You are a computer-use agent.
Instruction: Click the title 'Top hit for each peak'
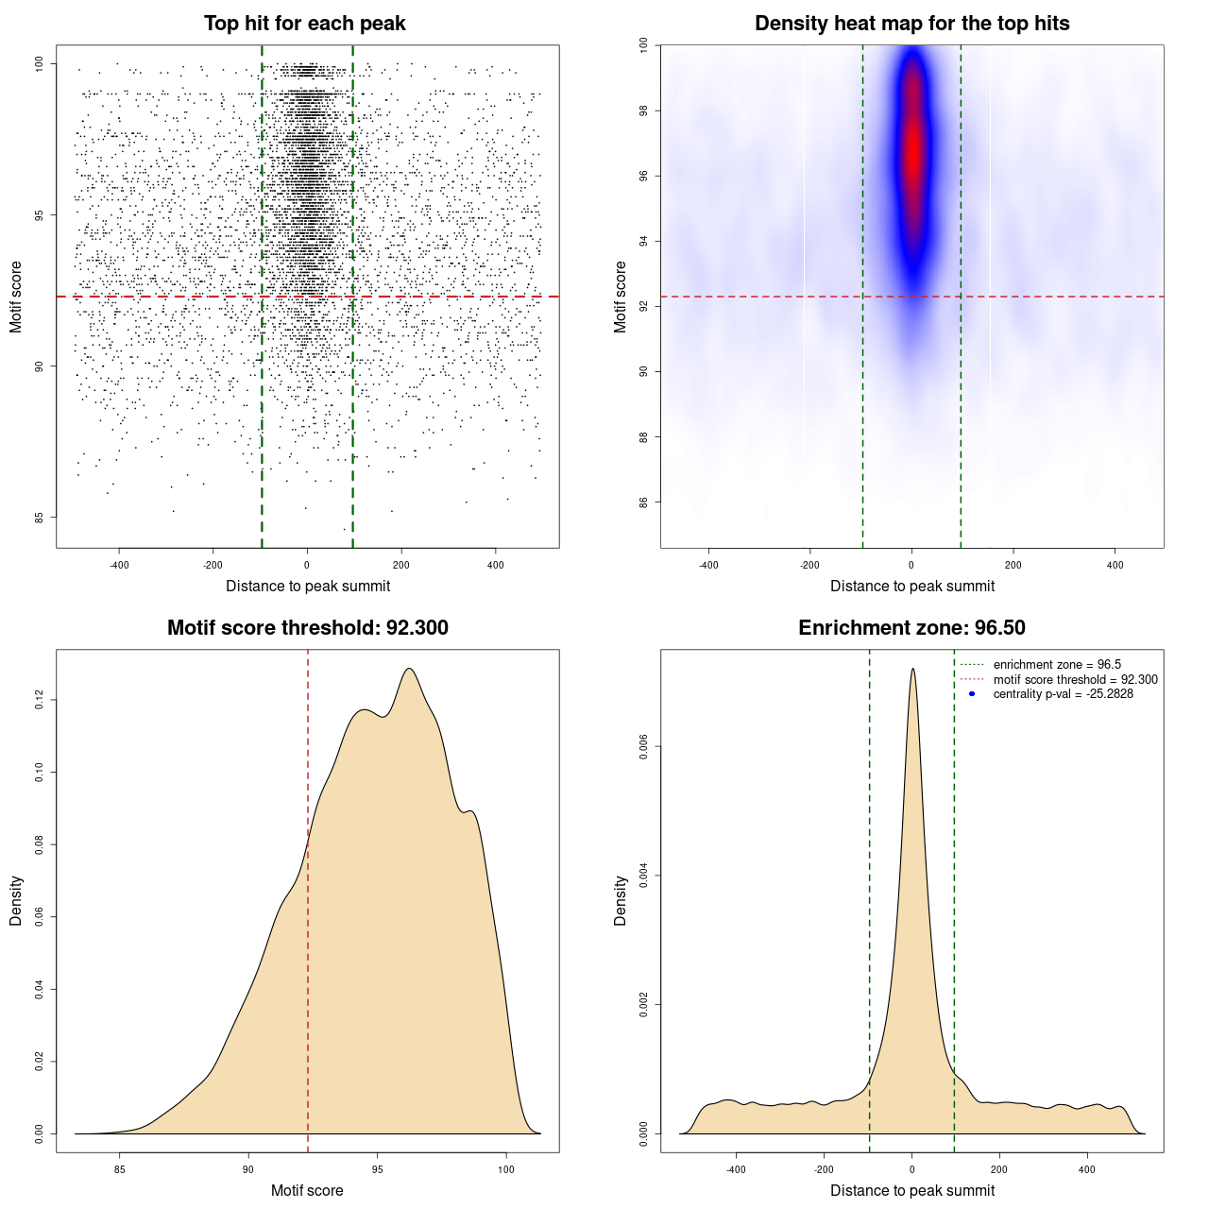coord(304,24)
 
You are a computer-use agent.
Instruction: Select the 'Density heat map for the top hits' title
coord(911,24)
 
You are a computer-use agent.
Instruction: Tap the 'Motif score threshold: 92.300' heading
coord(307,628)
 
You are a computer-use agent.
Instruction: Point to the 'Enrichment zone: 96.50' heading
coord(911,628)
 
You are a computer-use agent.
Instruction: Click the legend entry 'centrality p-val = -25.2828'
coord(1063,694)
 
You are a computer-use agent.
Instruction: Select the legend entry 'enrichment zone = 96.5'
coord(1057,665)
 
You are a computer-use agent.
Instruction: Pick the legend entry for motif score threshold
coord(1075,680)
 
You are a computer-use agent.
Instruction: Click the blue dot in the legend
coord(972,694)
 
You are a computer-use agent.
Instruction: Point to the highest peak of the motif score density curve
coord(409,669)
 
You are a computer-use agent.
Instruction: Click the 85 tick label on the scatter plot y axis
coord(39,518)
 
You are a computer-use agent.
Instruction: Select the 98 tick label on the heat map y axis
coord(643,111)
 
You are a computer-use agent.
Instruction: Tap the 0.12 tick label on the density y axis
coord(39,700)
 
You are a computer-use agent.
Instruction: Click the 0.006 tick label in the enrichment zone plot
coord(643,746)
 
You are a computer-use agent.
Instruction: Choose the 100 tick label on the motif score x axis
coord(506,1169)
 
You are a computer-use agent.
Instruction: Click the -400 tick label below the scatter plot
coord(119,565)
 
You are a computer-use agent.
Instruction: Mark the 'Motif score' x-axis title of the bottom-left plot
coord(307,1190)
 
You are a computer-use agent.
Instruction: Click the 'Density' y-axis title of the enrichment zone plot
coord(621,900)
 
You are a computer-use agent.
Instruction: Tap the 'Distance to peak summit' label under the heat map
coord(911,586)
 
